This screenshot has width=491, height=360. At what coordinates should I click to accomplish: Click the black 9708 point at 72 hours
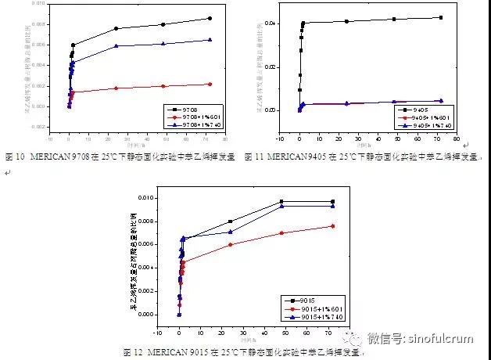[x=210, y=18]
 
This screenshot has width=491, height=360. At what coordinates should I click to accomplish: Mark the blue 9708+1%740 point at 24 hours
[x=116, y=46]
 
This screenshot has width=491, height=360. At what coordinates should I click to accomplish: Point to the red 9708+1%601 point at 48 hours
[x=163, y=86]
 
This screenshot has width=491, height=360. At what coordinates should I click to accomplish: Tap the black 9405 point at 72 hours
[x=441, y=17]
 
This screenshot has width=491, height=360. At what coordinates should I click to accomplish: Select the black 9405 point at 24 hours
[x=346, y=21]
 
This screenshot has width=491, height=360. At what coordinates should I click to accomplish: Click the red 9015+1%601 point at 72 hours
[x=333, y=226]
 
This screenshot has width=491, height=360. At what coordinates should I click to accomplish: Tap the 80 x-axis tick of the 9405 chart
[x=455, y=138]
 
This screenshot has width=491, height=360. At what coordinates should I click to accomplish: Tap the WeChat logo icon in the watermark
[x=357, y=339]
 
